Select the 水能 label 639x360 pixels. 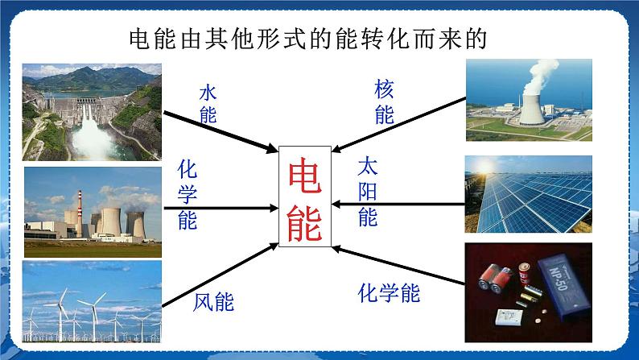click(208, 104)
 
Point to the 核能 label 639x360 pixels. click(384, 101)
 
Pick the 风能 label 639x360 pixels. click(213, 302)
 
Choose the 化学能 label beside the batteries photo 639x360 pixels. click(388, 293)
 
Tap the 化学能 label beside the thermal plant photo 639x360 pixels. click(187, 195)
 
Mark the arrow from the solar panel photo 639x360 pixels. click(398, 206)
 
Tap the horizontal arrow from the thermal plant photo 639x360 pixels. click(217, 208)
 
